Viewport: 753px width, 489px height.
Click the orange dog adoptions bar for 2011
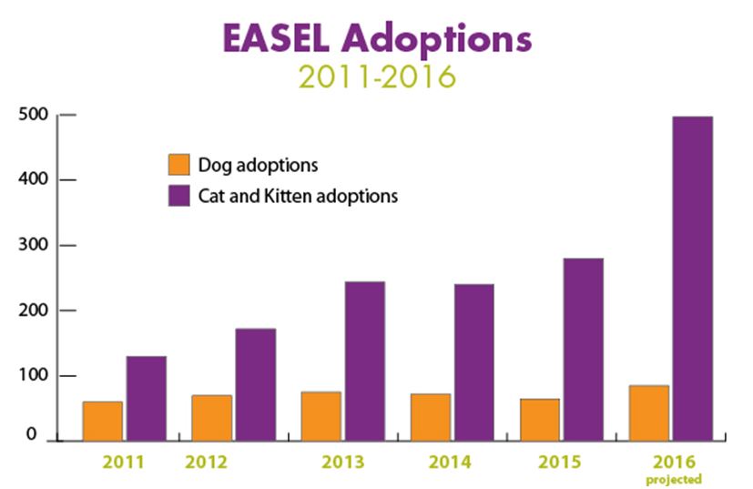(x=103, y=420)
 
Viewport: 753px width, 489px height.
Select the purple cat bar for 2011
(x=146, y=398)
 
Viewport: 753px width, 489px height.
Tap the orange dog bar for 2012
(x=212, y=417)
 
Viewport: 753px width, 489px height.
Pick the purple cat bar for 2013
(x=364, y=361)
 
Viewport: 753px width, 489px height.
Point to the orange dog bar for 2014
(x=431, y=416)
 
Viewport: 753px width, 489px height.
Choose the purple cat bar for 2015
(x=583, y=349)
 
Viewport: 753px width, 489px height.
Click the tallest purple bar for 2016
(x=692, y=279)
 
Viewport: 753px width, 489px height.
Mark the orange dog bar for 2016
(x=649, y=413)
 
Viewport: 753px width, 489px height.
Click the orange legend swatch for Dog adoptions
(x=178, y=165)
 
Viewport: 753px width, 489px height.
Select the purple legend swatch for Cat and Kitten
(x=178, y=195)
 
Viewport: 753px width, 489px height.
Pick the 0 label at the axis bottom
(x=31, y=435)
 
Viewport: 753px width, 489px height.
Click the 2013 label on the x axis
(x=344, y=462)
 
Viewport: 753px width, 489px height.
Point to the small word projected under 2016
(x=675, y=478)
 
